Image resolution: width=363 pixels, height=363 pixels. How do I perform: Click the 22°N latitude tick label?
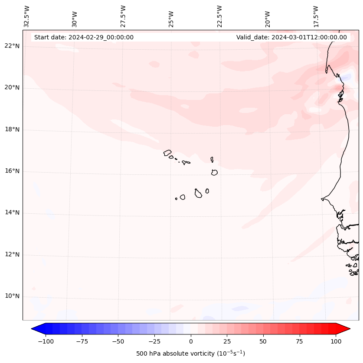12,46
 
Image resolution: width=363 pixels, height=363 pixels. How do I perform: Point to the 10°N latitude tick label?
12,296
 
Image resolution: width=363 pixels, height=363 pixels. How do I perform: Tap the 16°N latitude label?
12,171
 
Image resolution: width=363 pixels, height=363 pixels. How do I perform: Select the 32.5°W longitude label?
27,16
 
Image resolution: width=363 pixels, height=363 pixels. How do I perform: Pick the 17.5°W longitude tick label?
316,16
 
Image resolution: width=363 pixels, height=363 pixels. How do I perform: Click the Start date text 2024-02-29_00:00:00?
84,37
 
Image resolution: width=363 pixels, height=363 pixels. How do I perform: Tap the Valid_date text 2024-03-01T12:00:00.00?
291,37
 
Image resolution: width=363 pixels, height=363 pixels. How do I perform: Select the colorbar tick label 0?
191,341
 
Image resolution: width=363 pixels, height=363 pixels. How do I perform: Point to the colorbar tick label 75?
300,341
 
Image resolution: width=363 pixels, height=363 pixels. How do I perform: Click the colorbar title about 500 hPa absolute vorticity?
191,354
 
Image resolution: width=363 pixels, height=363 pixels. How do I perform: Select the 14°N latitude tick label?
12,213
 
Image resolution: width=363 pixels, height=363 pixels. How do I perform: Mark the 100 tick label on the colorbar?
336,341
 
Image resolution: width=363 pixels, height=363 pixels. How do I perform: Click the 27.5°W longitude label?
123,16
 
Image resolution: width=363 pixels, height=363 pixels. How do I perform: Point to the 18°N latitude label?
12,130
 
